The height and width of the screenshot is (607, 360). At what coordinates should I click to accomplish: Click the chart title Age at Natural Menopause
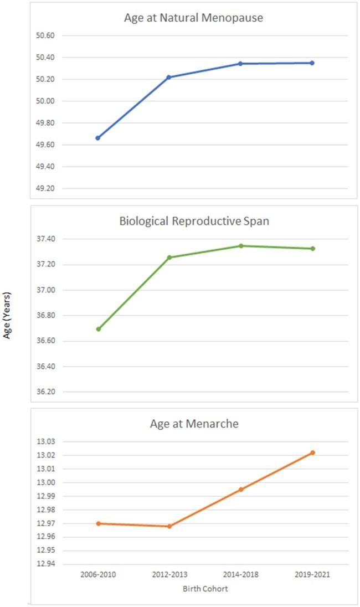tap(193, 18)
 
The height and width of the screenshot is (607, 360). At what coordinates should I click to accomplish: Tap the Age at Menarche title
tap(193, 425)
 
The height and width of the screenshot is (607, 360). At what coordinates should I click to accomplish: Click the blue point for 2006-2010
tap(98, 138)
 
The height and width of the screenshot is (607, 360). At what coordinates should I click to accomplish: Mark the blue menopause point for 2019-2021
tap(312, 63)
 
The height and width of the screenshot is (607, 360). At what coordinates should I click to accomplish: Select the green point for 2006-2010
tap(98, 329)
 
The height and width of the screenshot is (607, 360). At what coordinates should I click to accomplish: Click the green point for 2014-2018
tap(241, 245)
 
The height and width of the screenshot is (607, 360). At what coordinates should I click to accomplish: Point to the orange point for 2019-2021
tap(312, 452)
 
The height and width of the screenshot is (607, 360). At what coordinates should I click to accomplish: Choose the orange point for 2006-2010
tap(98, 523)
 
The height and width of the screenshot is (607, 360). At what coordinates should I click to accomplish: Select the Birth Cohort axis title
tap(205, 589)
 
